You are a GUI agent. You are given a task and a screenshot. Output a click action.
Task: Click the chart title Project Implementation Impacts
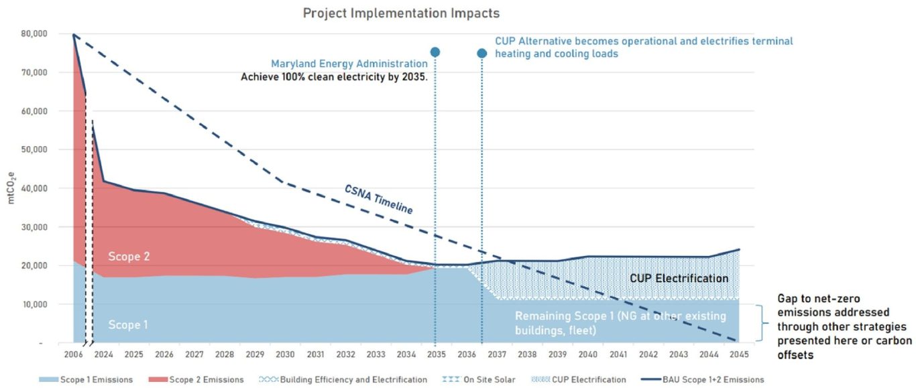coord(401,13)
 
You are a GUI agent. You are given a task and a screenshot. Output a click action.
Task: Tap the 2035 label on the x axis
coord(436,354)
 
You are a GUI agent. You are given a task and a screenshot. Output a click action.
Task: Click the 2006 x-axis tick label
coord(73,354)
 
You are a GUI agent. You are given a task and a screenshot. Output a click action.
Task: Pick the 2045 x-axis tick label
coord(739,354)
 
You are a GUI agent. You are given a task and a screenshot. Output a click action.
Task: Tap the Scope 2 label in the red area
coord(128,256)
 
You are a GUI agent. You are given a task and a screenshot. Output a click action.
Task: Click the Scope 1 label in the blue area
coord(128,325)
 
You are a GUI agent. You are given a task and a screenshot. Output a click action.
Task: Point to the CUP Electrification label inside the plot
coord(679,278)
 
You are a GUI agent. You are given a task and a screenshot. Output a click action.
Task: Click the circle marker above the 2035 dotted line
coord(435,52)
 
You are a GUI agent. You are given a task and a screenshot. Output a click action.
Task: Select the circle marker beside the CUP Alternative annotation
coord(481,53)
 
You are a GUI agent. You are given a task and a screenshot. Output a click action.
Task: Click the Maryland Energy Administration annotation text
coord(349,64)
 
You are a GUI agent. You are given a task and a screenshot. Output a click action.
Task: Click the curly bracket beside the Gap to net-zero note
coord(762,324)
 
